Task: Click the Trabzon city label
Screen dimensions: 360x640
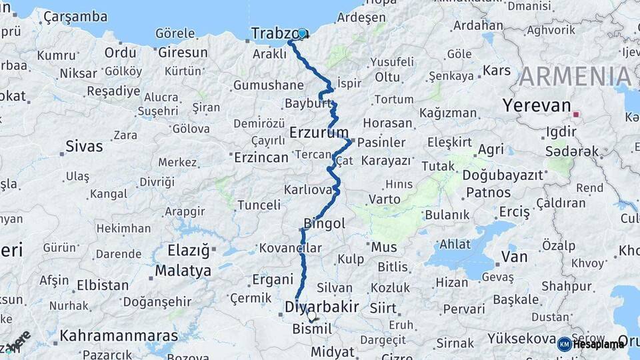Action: pos(275,33)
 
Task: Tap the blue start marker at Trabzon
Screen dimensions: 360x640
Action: pos(302,33)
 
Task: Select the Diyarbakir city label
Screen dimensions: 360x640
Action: pos(321,307)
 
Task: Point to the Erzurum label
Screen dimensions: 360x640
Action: pos(319,133)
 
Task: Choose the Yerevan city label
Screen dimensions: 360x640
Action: pos(537,105)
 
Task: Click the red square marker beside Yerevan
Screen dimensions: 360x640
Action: pos(575,114)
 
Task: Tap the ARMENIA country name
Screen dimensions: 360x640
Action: pos(575,77)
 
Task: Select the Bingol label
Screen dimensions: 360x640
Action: pos(324,223)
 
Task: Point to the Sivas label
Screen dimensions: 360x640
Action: pos(84,146)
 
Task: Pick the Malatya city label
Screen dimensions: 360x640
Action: pos(183,271)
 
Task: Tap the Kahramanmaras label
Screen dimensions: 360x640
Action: pos(119,335)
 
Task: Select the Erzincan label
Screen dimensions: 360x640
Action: pos(261,157)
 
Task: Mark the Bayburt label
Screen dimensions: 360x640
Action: pos(307,103)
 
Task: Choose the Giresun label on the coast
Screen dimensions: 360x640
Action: pos(183,52)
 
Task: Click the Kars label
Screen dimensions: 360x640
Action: pos(496,70)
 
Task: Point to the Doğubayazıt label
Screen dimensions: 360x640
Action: pos(503,175)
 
